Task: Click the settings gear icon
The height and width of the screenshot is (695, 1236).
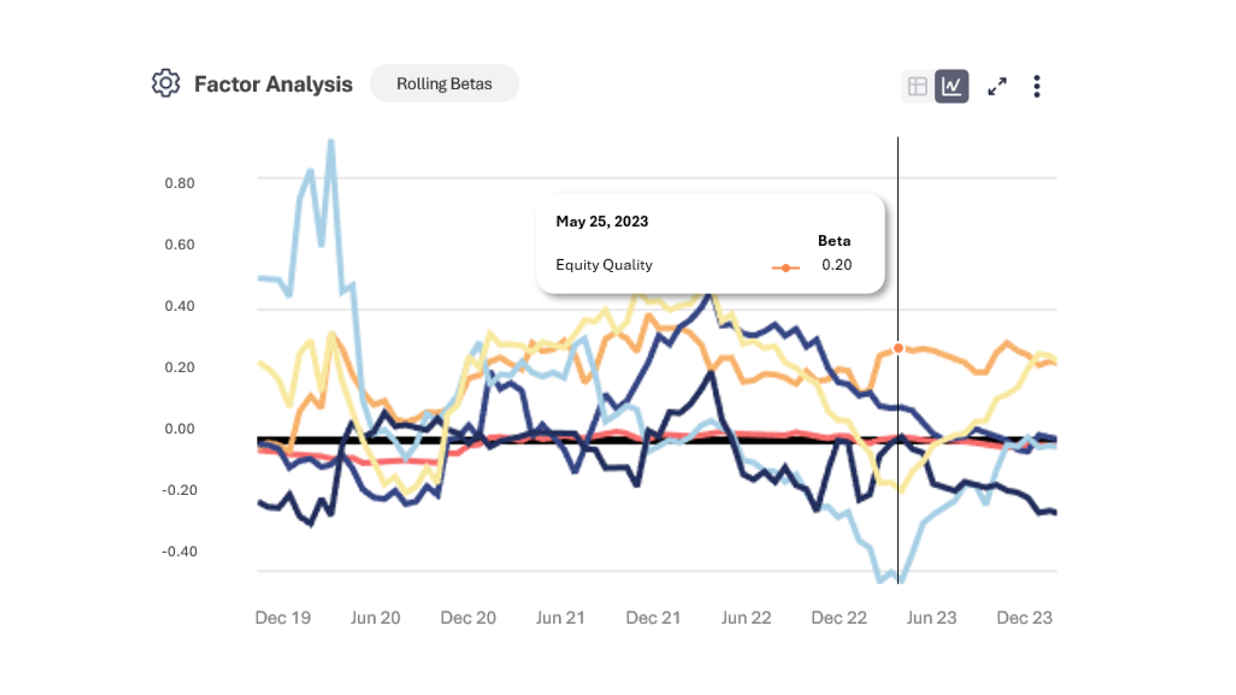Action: tap(165, 83)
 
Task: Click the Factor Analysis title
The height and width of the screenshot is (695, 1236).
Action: tap(273, 84)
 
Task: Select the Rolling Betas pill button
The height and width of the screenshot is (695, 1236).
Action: tap(444, 84)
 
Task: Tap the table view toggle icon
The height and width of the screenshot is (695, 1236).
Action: tap(917, 86)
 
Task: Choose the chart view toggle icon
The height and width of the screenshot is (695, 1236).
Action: tap(951, 86)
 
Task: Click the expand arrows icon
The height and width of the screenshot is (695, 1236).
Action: tap(997, 86)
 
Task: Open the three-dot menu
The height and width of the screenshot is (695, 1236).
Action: tap(1036, 86)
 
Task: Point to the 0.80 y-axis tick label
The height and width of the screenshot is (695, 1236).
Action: tap(180, 183)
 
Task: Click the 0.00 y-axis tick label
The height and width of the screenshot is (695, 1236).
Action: tap(180, 429)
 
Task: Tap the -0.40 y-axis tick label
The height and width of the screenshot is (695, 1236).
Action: tap(180, 551)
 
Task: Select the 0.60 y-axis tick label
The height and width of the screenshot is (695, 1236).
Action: tap(180, 245)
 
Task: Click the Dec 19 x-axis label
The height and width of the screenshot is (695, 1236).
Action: tap(283, 618)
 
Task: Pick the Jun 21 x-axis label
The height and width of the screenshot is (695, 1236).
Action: tap(560, 618)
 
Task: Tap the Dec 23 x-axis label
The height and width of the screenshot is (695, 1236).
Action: tap(1024, 618)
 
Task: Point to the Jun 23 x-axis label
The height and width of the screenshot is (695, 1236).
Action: tap(932, 618)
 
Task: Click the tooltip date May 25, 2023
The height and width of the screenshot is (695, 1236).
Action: tap(602, 221)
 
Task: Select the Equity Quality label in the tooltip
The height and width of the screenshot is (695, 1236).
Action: tap(604, 265)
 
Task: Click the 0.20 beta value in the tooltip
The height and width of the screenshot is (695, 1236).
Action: tap(836, 265)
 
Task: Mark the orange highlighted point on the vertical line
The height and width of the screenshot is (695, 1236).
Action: tap(898, 348)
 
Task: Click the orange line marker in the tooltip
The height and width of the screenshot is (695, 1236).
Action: tap(785, 268)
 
